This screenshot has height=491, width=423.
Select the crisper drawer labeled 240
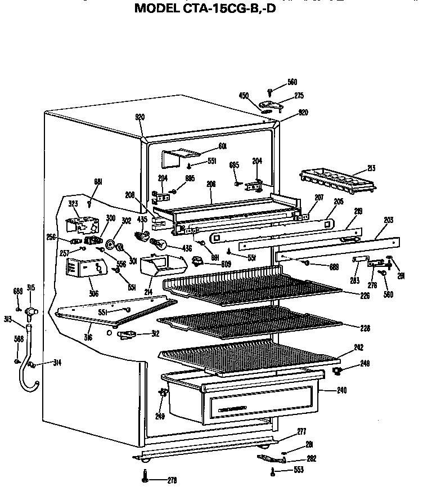tap(242, 396)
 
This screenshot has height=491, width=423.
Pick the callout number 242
tap(358, 347)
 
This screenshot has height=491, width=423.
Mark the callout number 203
tap(389, 220)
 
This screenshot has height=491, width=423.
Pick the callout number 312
tap(155, 333)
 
